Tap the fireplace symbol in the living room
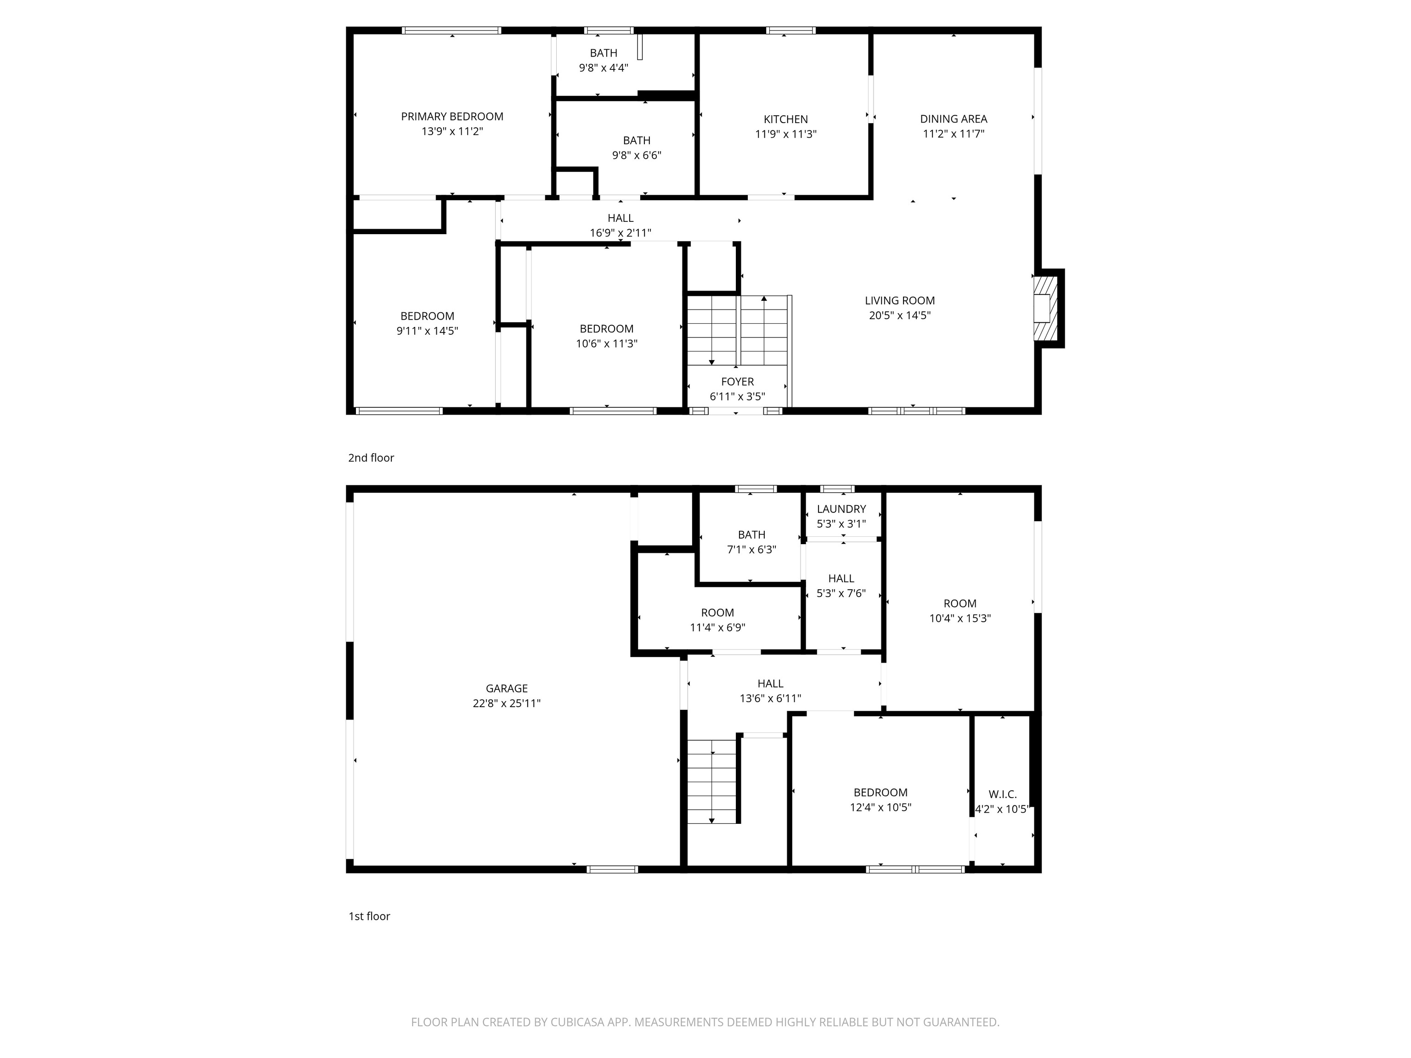[x=1045, y=309]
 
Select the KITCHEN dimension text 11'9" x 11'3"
[x=785, y=134]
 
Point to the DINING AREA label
[x=953, y=118]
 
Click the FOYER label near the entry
[x=737, y=381]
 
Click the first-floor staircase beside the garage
[x=712, y=781]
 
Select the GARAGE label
[x=507, y=688]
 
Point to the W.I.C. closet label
[x=1002, y=794]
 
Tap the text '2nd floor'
[x=371, y=458]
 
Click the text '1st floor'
[x=369, y=916]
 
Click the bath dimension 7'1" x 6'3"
[x=751, y=549]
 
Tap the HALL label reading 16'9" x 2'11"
[x=620, y=218]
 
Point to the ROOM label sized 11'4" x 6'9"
[x=717, y=612]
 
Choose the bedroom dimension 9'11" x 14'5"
[x=427, y=330]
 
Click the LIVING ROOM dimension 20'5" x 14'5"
[x=899, y=315]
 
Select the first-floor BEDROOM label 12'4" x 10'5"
[x=880, y=792]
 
